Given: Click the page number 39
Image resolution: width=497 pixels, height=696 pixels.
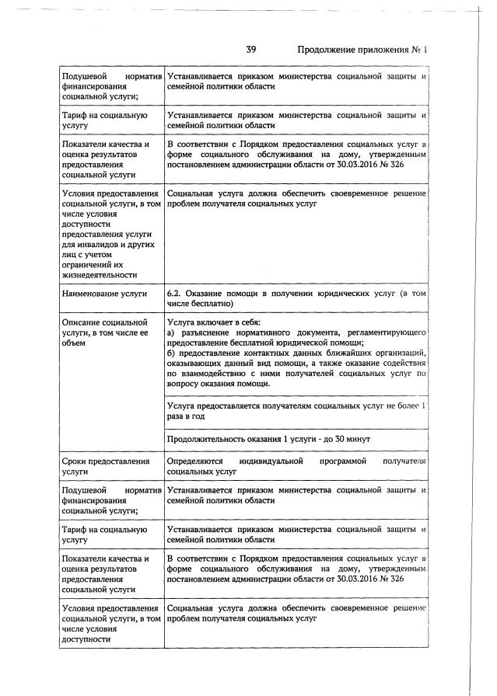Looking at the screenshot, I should tap(251, 50).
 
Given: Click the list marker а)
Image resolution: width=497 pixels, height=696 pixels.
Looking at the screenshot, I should tap(172, 332).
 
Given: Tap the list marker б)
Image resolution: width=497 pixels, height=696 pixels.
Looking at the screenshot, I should tap(172, 353).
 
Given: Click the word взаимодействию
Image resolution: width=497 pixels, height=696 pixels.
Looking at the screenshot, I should tap(215, 373).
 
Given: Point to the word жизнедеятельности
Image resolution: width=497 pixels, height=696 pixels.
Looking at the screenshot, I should tap(99, 274).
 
